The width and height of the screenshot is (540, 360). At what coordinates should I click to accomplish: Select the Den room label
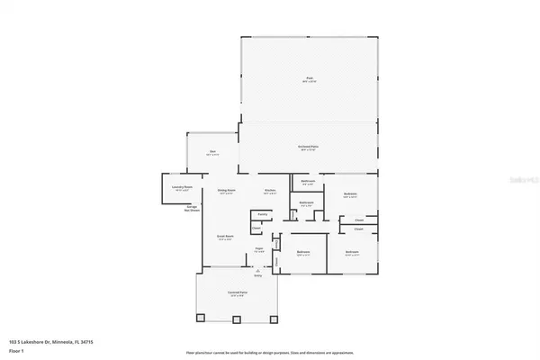(213, 152)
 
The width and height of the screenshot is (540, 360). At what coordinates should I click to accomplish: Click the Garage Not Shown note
(193, 207)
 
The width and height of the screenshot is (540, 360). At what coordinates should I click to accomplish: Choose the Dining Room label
(226, 191)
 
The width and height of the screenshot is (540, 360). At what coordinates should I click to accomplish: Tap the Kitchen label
(269, 191)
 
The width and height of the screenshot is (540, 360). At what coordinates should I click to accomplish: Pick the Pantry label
(263, 214)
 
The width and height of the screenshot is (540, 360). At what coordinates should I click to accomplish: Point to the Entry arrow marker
(257, 270)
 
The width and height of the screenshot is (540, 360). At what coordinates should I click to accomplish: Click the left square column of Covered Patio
(201, 318)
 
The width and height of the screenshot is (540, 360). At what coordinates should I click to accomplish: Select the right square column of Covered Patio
(275, 318)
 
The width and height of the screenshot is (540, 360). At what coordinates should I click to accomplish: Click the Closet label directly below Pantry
(256, 229)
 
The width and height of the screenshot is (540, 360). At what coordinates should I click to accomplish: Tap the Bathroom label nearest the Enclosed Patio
(308, 183)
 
